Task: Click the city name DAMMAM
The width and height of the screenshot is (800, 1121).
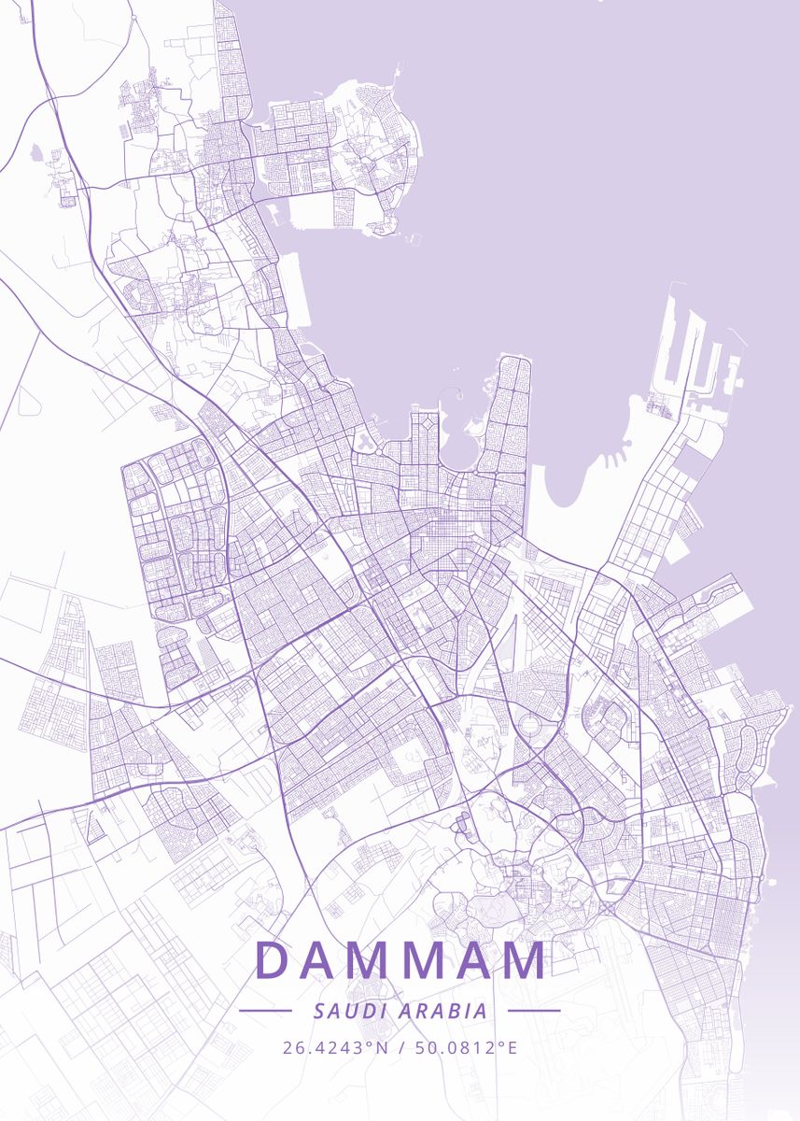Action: click(400, 960)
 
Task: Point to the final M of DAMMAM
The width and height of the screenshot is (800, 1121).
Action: click(523, 960)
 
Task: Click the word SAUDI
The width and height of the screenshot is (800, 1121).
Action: click(349, 1011)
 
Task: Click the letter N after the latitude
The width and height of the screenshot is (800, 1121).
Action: click(381, 1047)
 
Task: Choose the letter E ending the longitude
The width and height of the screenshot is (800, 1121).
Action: click(511, 1047)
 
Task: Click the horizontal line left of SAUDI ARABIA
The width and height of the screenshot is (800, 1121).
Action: click(266, 1011)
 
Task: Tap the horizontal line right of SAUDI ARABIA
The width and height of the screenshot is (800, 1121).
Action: click(534, 1011)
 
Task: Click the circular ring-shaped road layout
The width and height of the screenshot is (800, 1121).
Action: click(528, 727)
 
